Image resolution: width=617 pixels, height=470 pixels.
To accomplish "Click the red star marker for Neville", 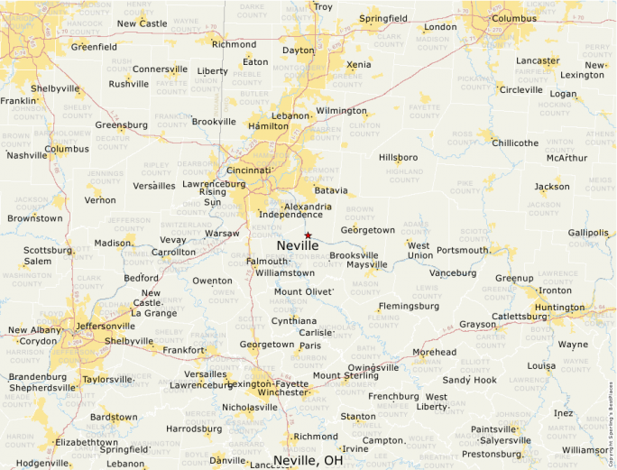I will point(308,235).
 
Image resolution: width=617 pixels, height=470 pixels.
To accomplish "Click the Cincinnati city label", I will point(249,170).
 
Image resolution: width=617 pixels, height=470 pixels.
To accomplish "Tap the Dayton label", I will point(298,51).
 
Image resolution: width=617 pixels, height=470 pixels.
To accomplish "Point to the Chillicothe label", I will point(515,143).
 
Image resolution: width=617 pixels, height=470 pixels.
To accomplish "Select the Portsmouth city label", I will point(463,250).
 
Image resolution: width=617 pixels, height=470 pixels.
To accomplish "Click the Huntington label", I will point(559,308).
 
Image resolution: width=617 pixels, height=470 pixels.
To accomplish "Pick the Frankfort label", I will point(184,349).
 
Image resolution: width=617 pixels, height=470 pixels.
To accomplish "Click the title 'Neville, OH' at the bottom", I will point(308,460).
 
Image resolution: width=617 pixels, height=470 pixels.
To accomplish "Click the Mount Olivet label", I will point(303,292).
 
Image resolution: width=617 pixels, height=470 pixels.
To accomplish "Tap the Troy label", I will point(323,7).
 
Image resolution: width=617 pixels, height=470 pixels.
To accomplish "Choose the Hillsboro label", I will point(398,157).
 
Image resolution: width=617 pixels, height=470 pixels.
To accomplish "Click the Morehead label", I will point(434,352).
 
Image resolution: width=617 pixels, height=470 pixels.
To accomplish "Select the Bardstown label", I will point(114,417).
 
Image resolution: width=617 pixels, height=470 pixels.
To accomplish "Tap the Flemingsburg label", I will point(409,306).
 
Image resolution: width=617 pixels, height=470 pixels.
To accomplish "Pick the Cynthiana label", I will point(294,320).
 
